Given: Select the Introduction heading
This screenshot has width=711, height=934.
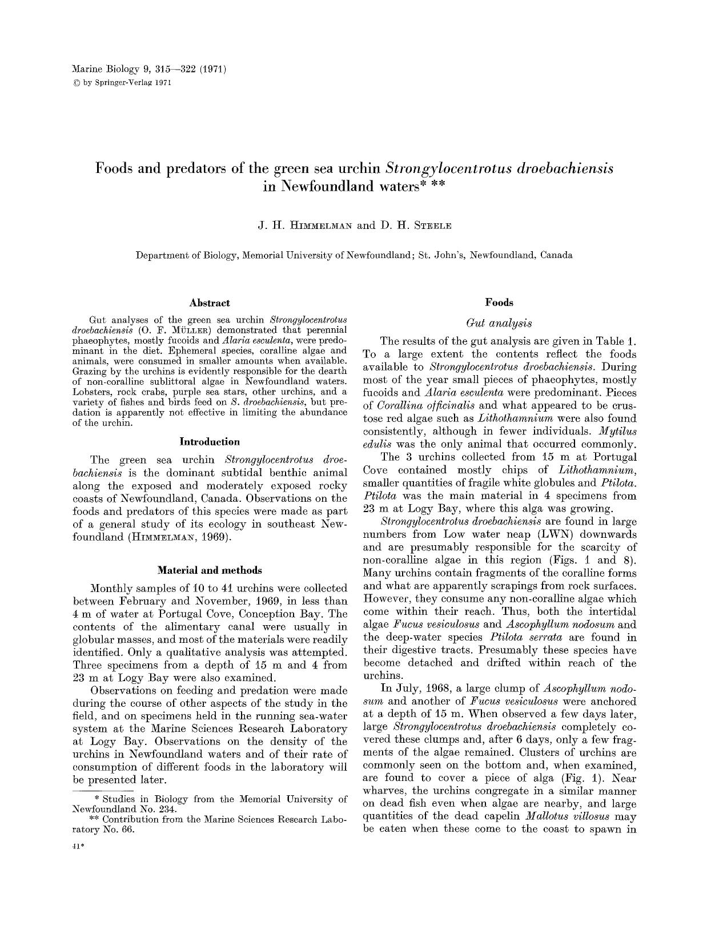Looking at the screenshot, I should (x=210, y=441).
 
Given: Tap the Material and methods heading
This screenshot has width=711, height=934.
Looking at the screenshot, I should (x=210, y=570).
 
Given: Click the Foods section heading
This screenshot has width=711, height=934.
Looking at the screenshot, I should (x=499, y=303).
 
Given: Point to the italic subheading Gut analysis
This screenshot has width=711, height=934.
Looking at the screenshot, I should (x=499, y=323).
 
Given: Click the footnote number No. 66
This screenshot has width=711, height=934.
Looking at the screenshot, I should (x=121, y=830).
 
